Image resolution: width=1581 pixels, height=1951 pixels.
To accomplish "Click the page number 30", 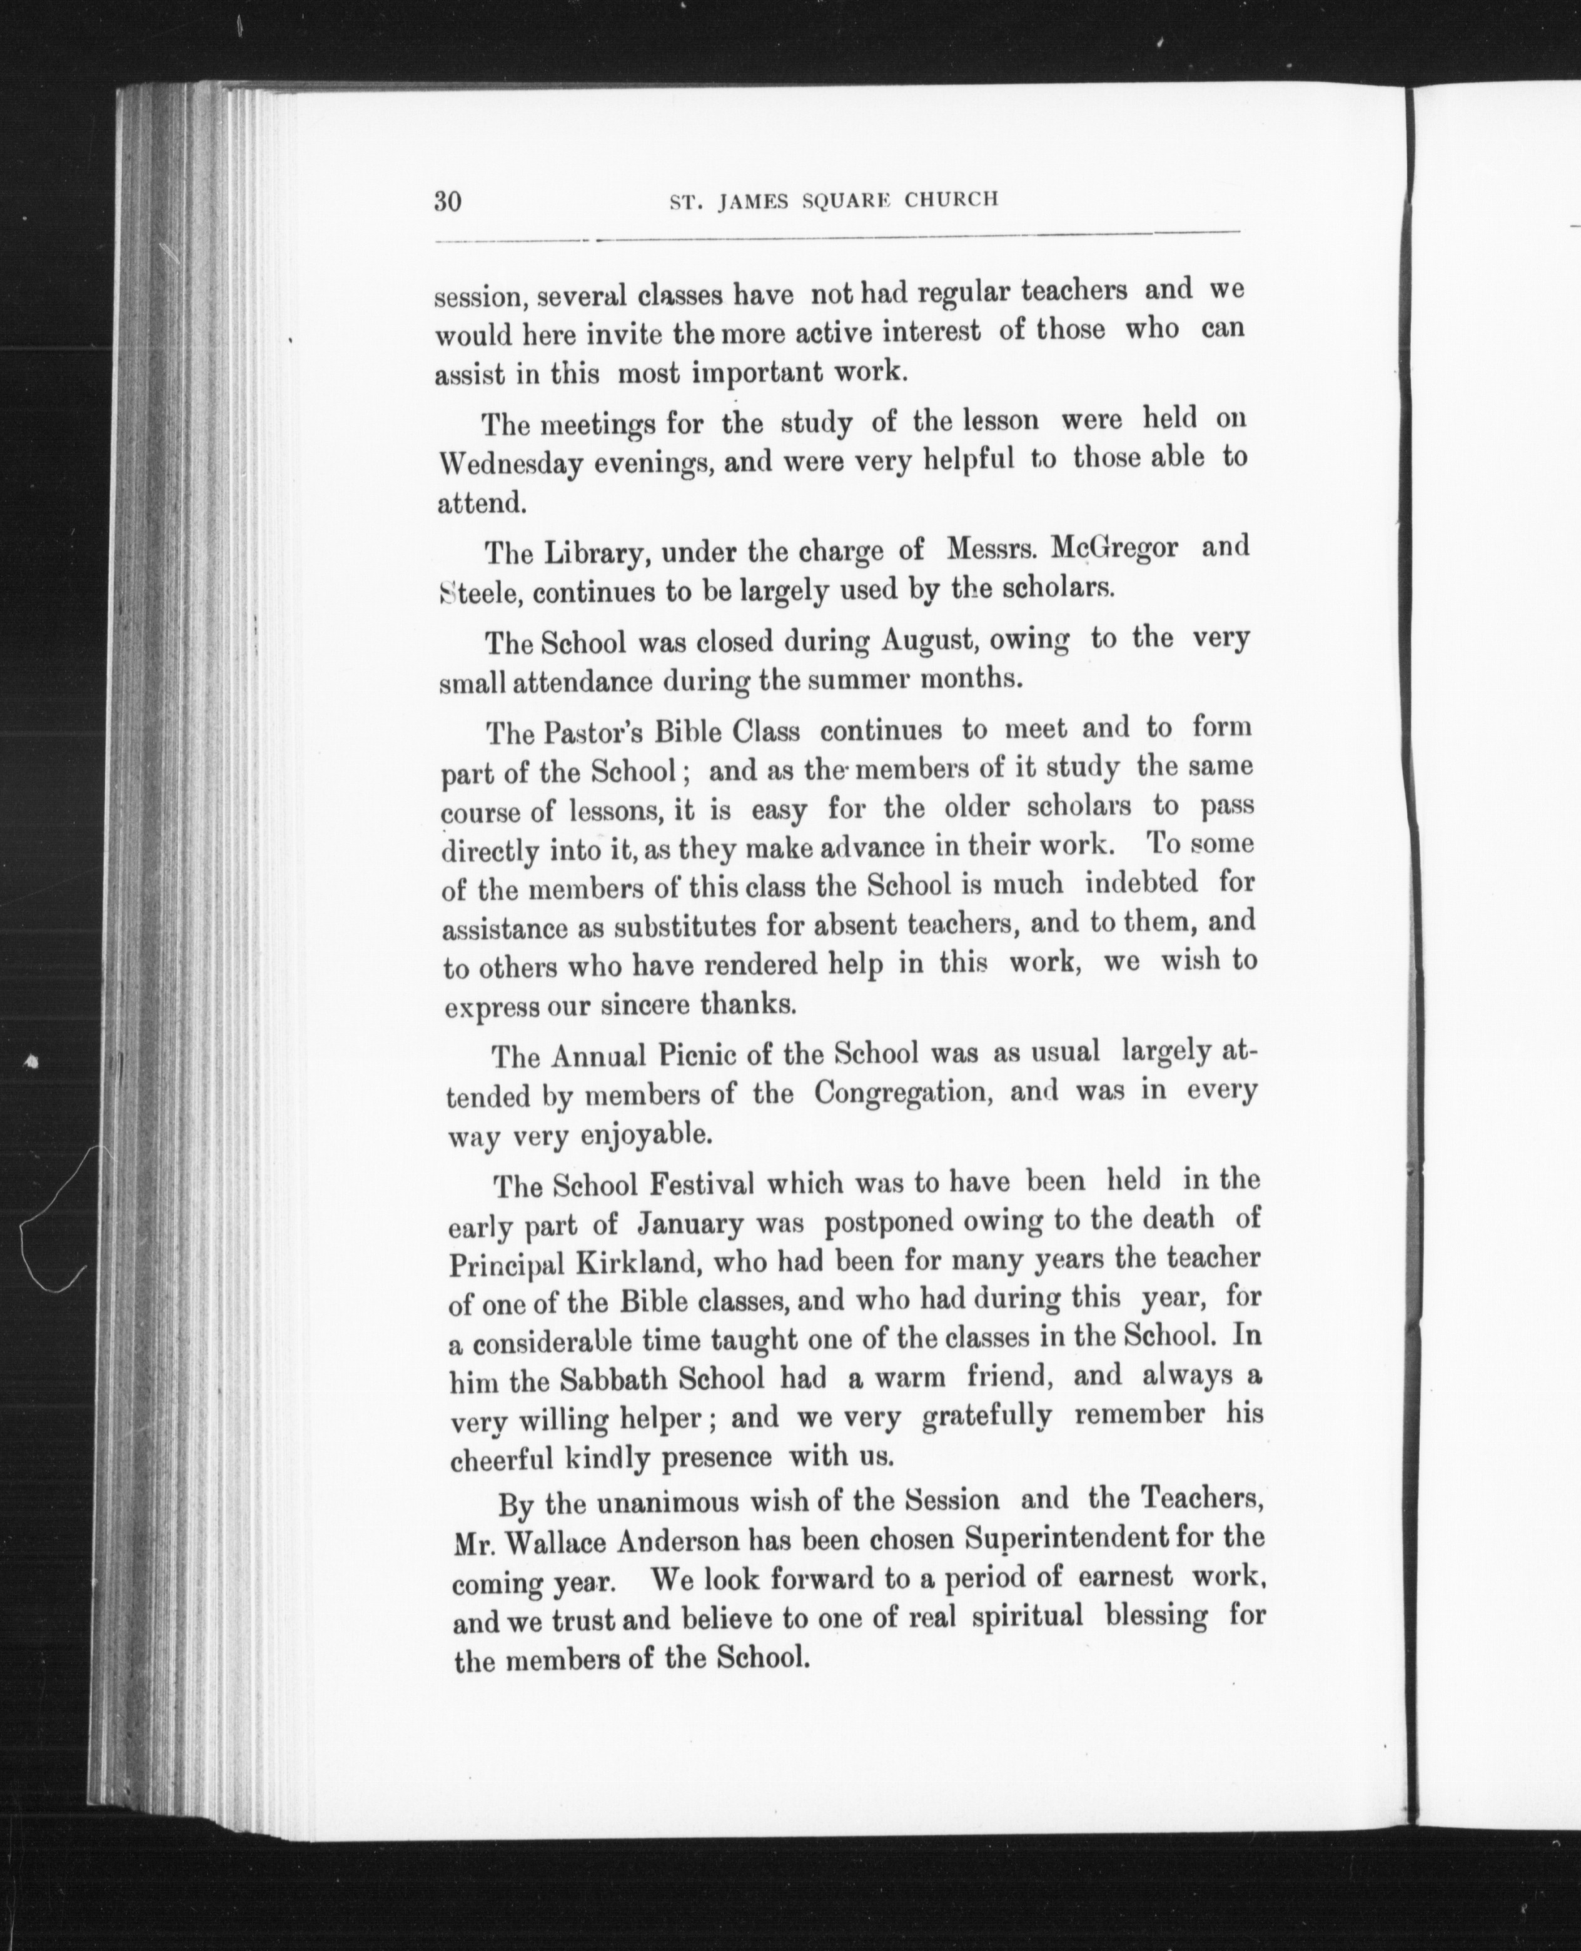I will click(x=448, y=200).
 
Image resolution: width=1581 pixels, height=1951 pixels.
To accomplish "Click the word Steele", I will click(x=479, y=593).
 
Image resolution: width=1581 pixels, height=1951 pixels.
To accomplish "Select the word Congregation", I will click(x=902, y=1092).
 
